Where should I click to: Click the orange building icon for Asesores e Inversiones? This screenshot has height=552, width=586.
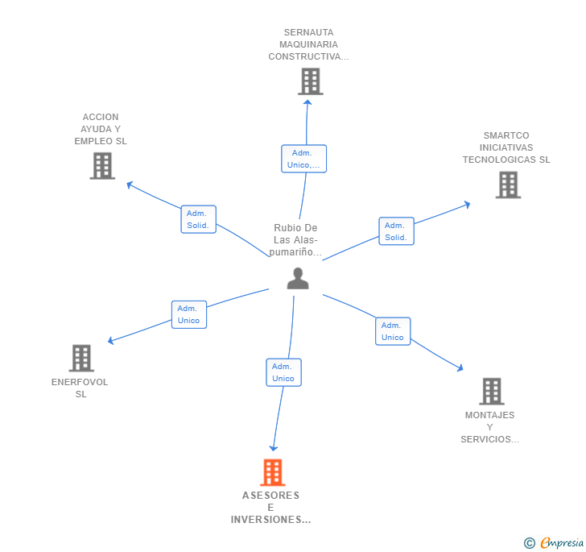click(x=273, y=472)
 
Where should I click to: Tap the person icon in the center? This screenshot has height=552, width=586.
click(x=298, y=279)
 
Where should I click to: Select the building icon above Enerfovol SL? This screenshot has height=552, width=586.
click(x=81, y=358)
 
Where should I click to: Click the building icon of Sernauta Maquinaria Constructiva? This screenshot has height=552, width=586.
click(x=310, y=81)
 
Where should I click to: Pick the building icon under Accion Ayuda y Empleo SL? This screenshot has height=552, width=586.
click(x=102, y=166)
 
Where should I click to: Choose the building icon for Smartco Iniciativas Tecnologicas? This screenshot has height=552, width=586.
click(x=508, y=185)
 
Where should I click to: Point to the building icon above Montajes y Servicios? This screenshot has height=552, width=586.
click(x=492, y=391)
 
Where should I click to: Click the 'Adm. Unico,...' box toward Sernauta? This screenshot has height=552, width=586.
click(x=303, y=159)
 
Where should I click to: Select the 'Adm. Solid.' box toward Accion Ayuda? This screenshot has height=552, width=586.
click(x=198, y=219)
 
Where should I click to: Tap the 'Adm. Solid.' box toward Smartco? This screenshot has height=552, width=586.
click(x=396, y=231)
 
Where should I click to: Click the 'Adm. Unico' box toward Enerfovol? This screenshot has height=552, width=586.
click(x=188, y=314)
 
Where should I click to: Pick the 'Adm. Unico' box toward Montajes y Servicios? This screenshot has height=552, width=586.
click(x=393, y=331)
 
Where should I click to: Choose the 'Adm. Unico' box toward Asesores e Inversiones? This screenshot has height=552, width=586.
click(x=283, y=372)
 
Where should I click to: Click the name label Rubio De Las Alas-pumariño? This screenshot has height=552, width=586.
click(x=295, y=240)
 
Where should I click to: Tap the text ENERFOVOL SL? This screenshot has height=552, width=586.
click(x=80, y=388)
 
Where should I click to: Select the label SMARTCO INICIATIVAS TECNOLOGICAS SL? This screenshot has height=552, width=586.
click(x=506, y=147)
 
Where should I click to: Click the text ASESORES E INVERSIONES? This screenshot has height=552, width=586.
click(x=270, y=507)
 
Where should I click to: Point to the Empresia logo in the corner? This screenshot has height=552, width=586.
click(x=554, y=542)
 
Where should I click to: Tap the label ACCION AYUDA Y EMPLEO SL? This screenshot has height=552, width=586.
click(x=101, y=129)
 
